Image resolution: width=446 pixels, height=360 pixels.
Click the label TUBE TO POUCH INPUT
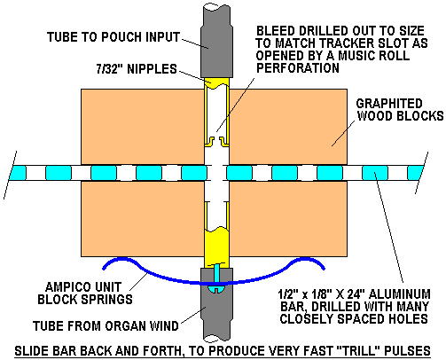[x=113, y=37]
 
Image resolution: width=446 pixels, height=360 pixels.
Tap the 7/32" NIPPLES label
[x=137, y=69]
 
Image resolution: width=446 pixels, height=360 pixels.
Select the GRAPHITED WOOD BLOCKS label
[x=400, y=109]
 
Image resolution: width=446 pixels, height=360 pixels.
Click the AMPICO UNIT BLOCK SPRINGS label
[x=85, y=293]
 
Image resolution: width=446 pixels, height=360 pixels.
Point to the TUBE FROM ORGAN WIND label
[x=106, y=325]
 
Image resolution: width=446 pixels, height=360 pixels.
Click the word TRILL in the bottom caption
[x=358, y=351]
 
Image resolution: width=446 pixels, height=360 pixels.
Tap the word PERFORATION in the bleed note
[x=298, y=68]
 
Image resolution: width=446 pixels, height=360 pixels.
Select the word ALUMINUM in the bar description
[x=400, y=294]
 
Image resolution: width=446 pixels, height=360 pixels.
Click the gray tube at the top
[x=216, y=42]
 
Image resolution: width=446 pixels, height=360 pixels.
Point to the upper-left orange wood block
[x=143, y=127]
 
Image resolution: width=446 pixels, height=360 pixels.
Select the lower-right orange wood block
[x=288, y=219]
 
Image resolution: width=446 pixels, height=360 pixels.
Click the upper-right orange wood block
[x=288, y=127]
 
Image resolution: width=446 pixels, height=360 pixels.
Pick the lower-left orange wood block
[x=143, y=219]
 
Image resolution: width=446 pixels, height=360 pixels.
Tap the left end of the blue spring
[x=104, y=269]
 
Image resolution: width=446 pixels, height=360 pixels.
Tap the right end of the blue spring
[x=324, y=269]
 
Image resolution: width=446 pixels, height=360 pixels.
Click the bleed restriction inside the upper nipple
[x=216, y=141]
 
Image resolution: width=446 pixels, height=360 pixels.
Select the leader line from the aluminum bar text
[x=388, y=227]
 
